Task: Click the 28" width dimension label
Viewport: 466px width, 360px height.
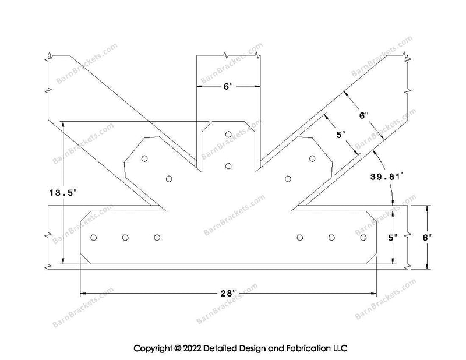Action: [228, 294]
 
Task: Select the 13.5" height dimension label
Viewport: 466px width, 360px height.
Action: [63, 193]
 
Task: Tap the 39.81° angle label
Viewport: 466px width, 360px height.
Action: [387, 177]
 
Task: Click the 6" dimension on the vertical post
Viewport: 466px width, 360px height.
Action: [228, 87]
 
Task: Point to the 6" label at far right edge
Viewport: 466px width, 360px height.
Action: [427, 238]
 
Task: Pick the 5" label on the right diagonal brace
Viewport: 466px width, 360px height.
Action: [341, 135]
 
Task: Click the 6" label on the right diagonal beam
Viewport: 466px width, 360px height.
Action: [363, 115]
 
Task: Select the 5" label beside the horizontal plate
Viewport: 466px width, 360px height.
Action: [393, 238]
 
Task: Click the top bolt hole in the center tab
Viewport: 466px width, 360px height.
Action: [228, 135]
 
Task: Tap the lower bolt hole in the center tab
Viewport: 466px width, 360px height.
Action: [228, 166]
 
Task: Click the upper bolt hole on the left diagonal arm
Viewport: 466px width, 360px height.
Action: [144, 158]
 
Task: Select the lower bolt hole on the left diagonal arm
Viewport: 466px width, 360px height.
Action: [169, 179]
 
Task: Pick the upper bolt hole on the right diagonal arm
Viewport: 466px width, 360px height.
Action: [312, 158]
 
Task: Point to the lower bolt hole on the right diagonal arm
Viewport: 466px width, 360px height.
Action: [288, 179]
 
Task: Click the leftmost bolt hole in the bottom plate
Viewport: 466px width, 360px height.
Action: [93, 237]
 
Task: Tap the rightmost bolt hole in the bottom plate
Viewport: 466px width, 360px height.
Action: [363, 237]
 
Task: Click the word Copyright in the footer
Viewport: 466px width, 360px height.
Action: [153, 348]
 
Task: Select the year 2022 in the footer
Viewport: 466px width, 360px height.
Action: [192, 348]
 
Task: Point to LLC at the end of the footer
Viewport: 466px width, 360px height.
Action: [340, 348]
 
